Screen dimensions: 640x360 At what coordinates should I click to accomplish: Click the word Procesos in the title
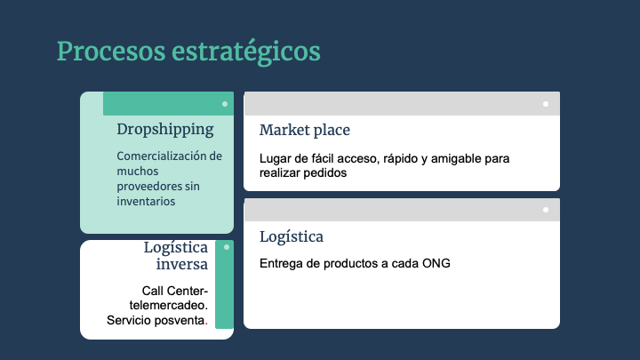111,52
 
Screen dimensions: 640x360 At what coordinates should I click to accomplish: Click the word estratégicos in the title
246,52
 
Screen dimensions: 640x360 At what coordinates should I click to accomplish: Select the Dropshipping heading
165,130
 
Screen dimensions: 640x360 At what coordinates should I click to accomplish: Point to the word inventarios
146,201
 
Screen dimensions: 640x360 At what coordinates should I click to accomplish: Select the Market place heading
305,130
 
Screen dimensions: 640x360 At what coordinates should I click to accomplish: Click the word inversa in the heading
181,264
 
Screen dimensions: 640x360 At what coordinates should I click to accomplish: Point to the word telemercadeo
169,305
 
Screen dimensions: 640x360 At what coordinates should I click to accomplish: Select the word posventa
182,320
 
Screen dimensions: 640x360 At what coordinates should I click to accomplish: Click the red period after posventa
206,324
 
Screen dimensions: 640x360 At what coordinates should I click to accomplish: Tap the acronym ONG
436,263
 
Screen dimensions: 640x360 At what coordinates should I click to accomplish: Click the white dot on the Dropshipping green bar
225,104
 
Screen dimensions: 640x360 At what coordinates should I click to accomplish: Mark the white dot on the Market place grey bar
546,104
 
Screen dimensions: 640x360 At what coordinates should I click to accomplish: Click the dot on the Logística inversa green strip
227,247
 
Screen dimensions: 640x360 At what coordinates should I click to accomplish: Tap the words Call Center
174,291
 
